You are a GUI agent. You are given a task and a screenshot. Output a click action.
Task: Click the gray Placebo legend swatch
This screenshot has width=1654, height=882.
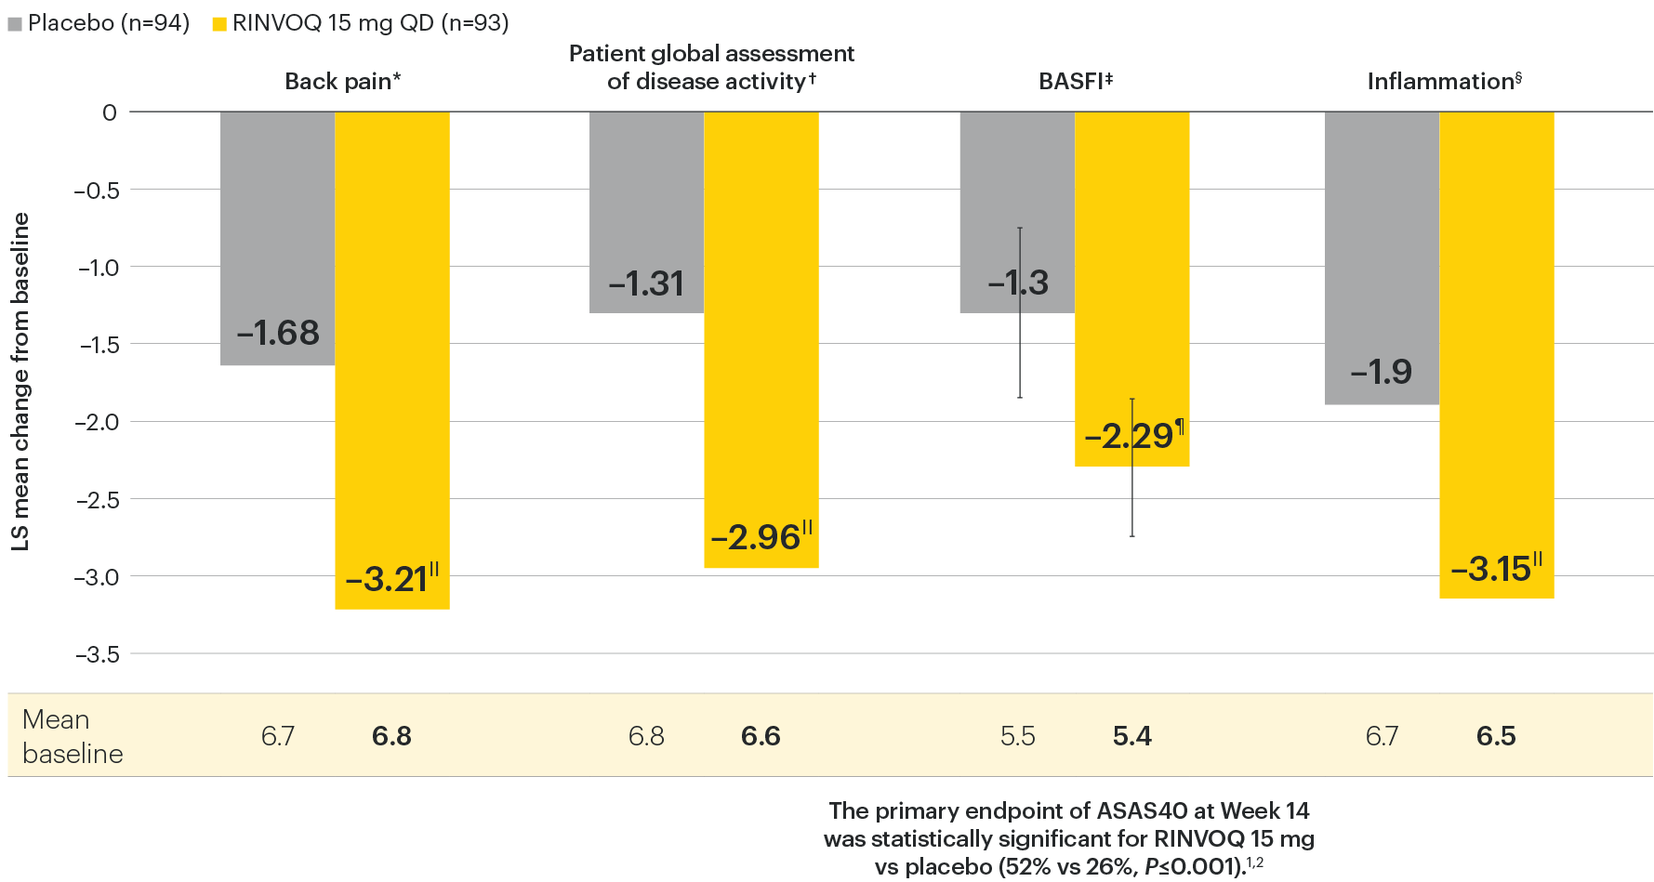(15, 24)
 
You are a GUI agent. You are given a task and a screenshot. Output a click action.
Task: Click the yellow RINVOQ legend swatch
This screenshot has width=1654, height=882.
(219, 24)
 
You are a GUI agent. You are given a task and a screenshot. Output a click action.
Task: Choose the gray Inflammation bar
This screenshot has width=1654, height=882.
(1382, 232)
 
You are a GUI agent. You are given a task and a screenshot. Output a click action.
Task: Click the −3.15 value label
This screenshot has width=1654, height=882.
(1490, 569)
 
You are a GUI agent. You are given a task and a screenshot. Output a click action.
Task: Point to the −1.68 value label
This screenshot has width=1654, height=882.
(278, 333)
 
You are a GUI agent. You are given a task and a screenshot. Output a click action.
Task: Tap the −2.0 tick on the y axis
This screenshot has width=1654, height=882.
(99, 422)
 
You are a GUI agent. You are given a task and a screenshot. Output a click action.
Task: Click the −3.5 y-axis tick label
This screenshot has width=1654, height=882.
(99, 654)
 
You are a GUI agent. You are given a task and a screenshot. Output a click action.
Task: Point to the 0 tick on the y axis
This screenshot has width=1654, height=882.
(110, 112)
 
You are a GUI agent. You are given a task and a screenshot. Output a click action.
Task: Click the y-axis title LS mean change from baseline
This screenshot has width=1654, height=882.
(20, 381)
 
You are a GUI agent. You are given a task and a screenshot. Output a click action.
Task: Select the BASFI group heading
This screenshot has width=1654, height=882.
(1075, 82)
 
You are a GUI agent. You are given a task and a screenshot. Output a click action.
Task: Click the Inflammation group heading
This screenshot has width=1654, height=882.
(1443, 82)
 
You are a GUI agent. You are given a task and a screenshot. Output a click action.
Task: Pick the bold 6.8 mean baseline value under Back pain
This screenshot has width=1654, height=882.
(391, 736)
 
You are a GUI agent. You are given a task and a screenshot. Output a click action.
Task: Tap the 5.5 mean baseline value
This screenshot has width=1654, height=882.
(1017, 736)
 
